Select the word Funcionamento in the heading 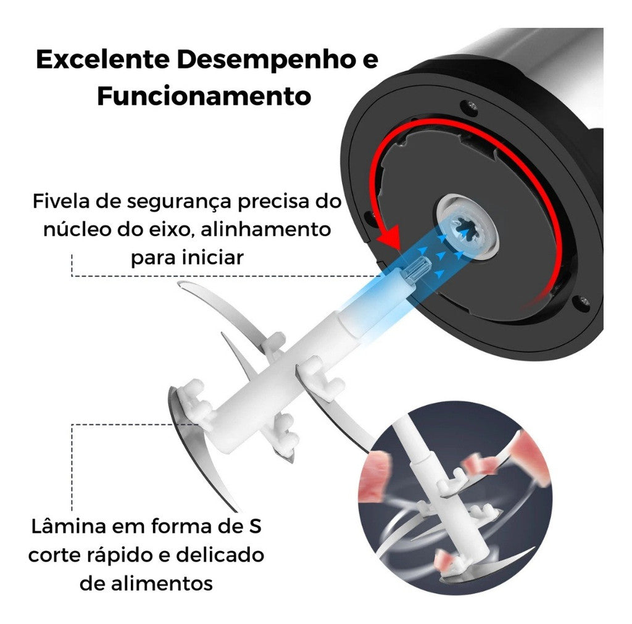tap(204, 96)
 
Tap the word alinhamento tap(265, 230)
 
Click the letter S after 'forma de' tap(255, 526)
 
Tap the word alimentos tap(161, 583)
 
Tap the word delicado tap(220, 555)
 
